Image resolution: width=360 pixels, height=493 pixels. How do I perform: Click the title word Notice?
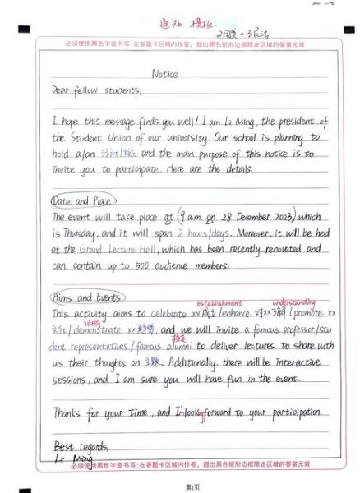point(165,74)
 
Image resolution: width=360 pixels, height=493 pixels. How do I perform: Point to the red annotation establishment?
point(219,302)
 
